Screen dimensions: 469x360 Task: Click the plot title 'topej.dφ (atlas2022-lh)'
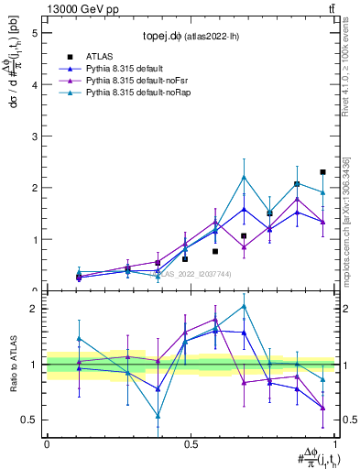click(191, 37)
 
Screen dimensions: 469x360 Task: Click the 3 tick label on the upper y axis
click(37, 136)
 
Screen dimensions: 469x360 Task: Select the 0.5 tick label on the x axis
click(191, 443)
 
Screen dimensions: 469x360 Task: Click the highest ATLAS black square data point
click(323, 172)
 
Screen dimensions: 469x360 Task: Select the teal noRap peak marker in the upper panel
click(244, 177)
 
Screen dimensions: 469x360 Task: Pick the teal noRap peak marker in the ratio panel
click(244, 306)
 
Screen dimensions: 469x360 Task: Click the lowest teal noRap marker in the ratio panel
click(158, 415)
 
